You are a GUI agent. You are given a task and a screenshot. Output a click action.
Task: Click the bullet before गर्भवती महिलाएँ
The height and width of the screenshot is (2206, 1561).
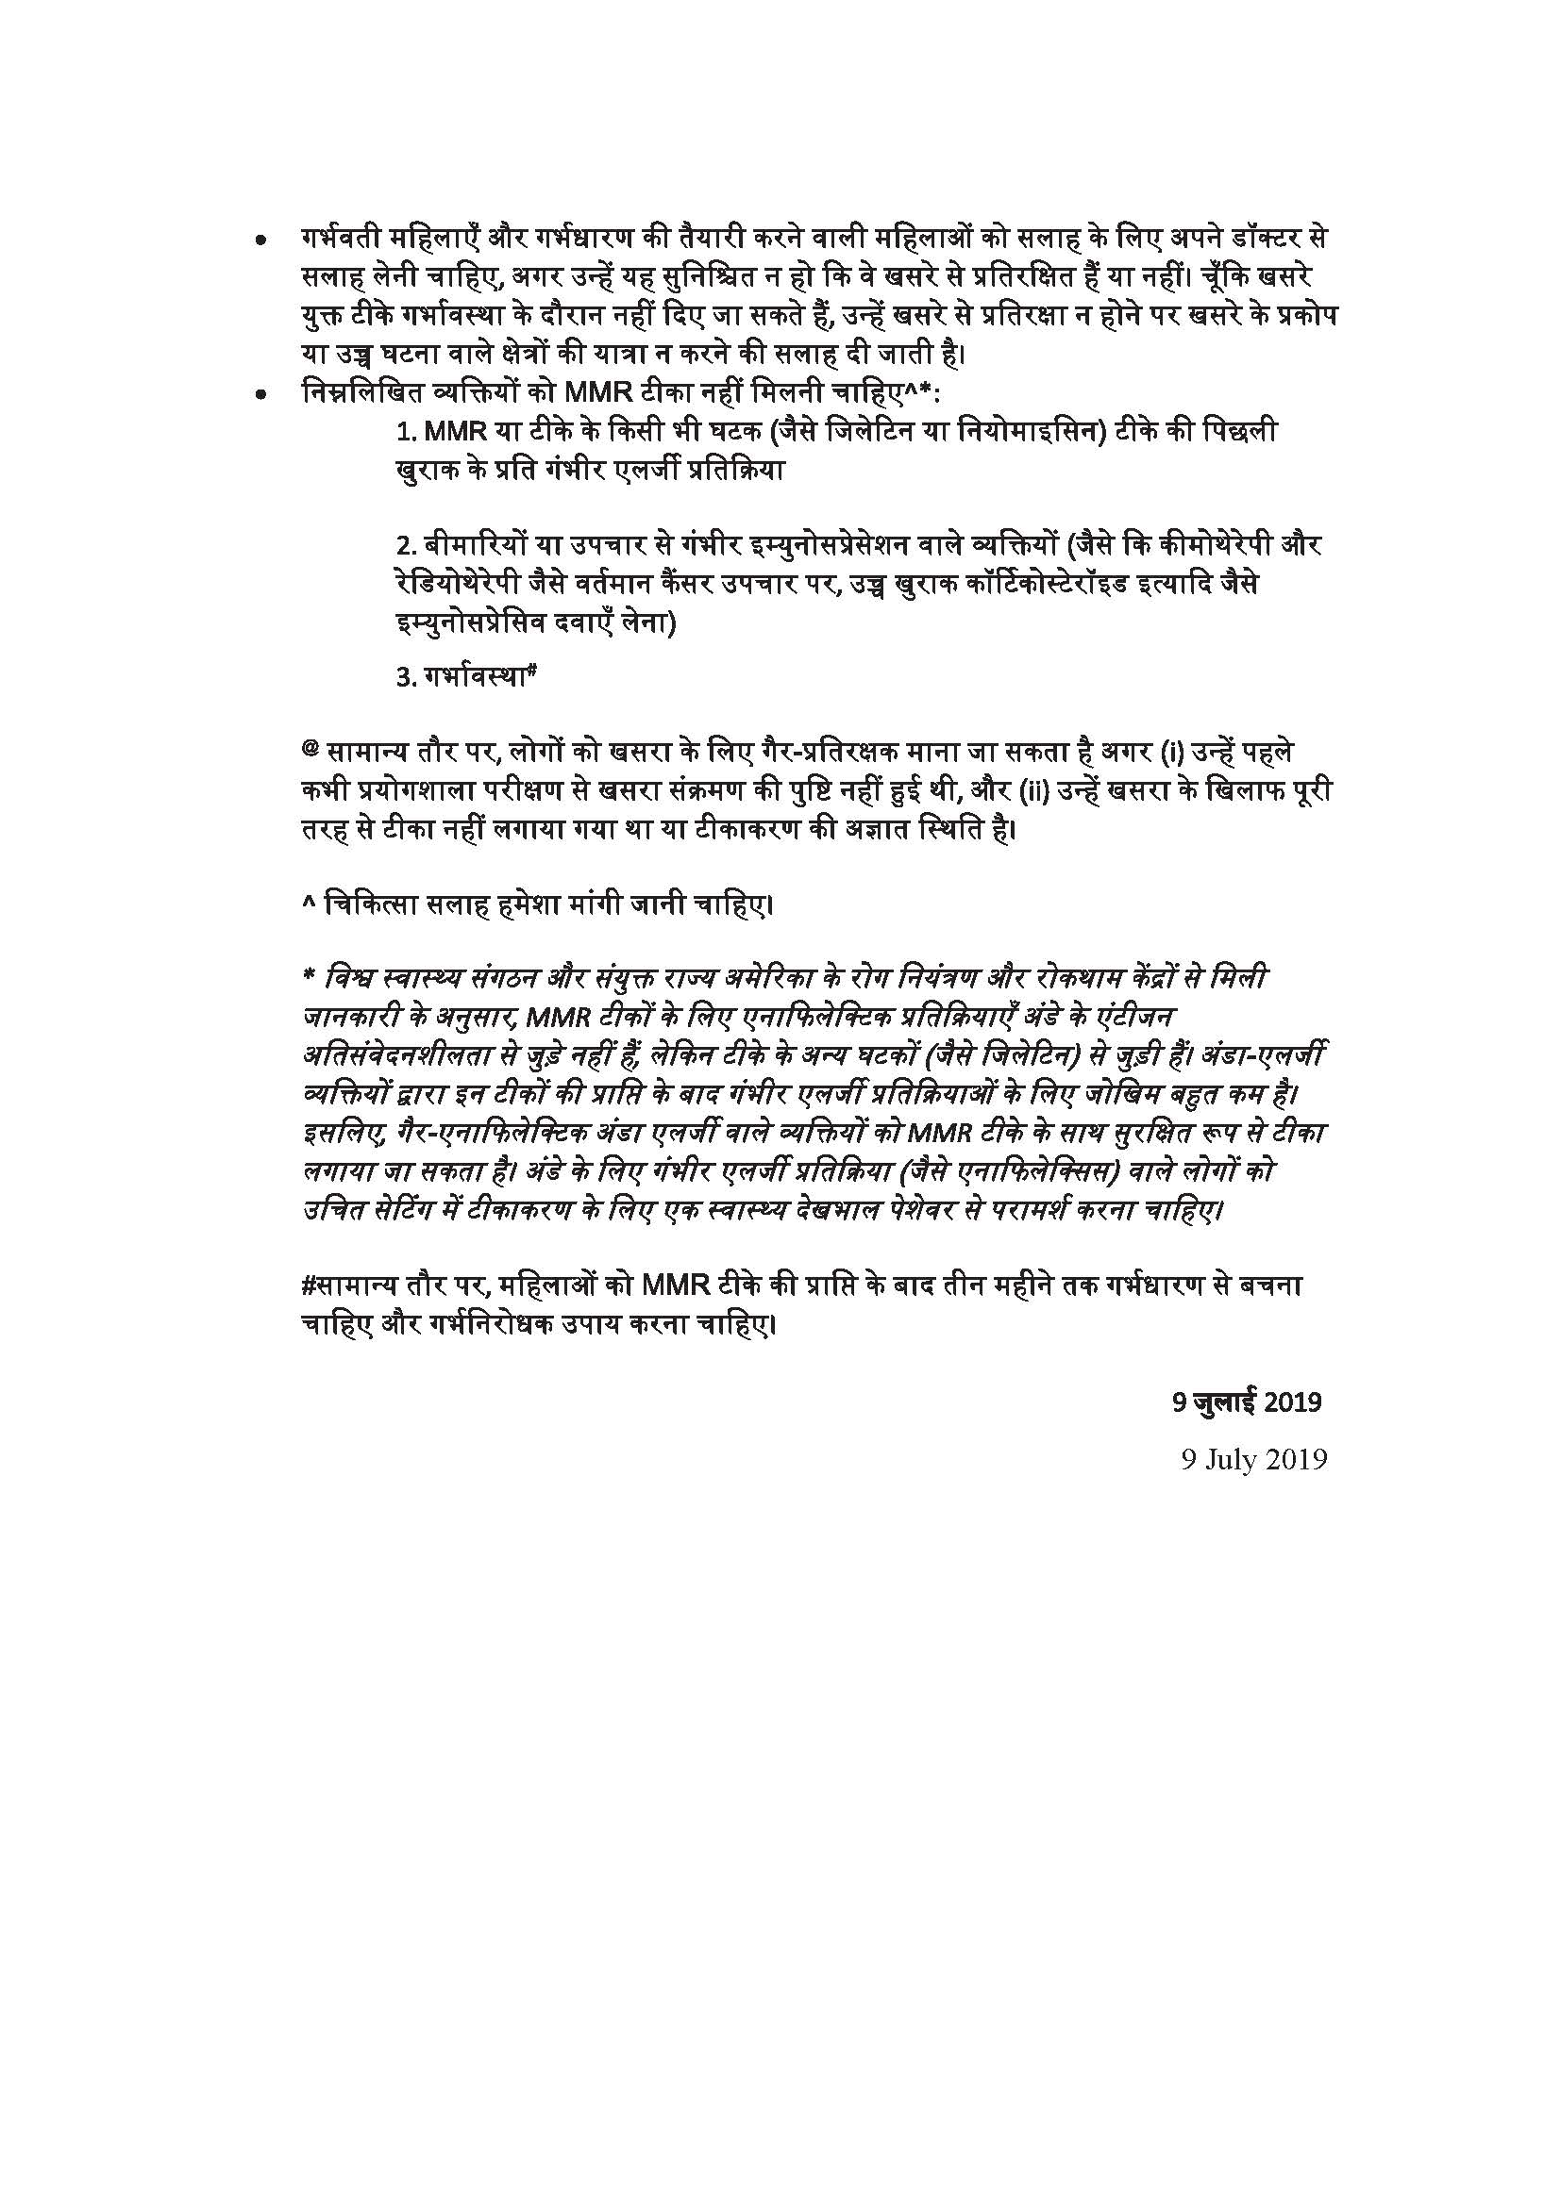click(260, 243)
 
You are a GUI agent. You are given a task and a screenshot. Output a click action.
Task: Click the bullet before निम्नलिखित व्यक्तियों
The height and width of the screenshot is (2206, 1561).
click(260, 395)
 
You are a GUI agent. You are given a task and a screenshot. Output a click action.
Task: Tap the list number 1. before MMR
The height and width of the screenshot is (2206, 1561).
click(408, 433)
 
